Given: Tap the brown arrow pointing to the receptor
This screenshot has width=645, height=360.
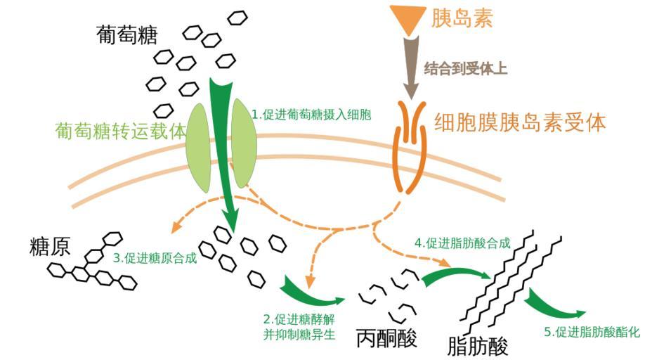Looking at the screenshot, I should pyautogui.click(x=411, y=67).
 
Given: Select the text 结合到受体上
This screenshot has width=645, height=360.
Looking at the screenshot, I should pyautogui.click(x=466, y=69).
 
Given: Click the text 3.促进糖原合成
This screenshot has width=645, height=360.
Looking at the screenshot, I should pyautogui.click(x=155, y=258).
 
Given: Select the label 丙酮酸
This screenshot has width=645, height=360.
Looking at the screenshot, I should pyautogui.click(x=386, y=337).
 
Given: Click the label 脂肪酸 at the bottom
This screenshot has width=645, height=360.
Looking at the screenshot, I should pyautogui.click(x=477, y=345).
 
